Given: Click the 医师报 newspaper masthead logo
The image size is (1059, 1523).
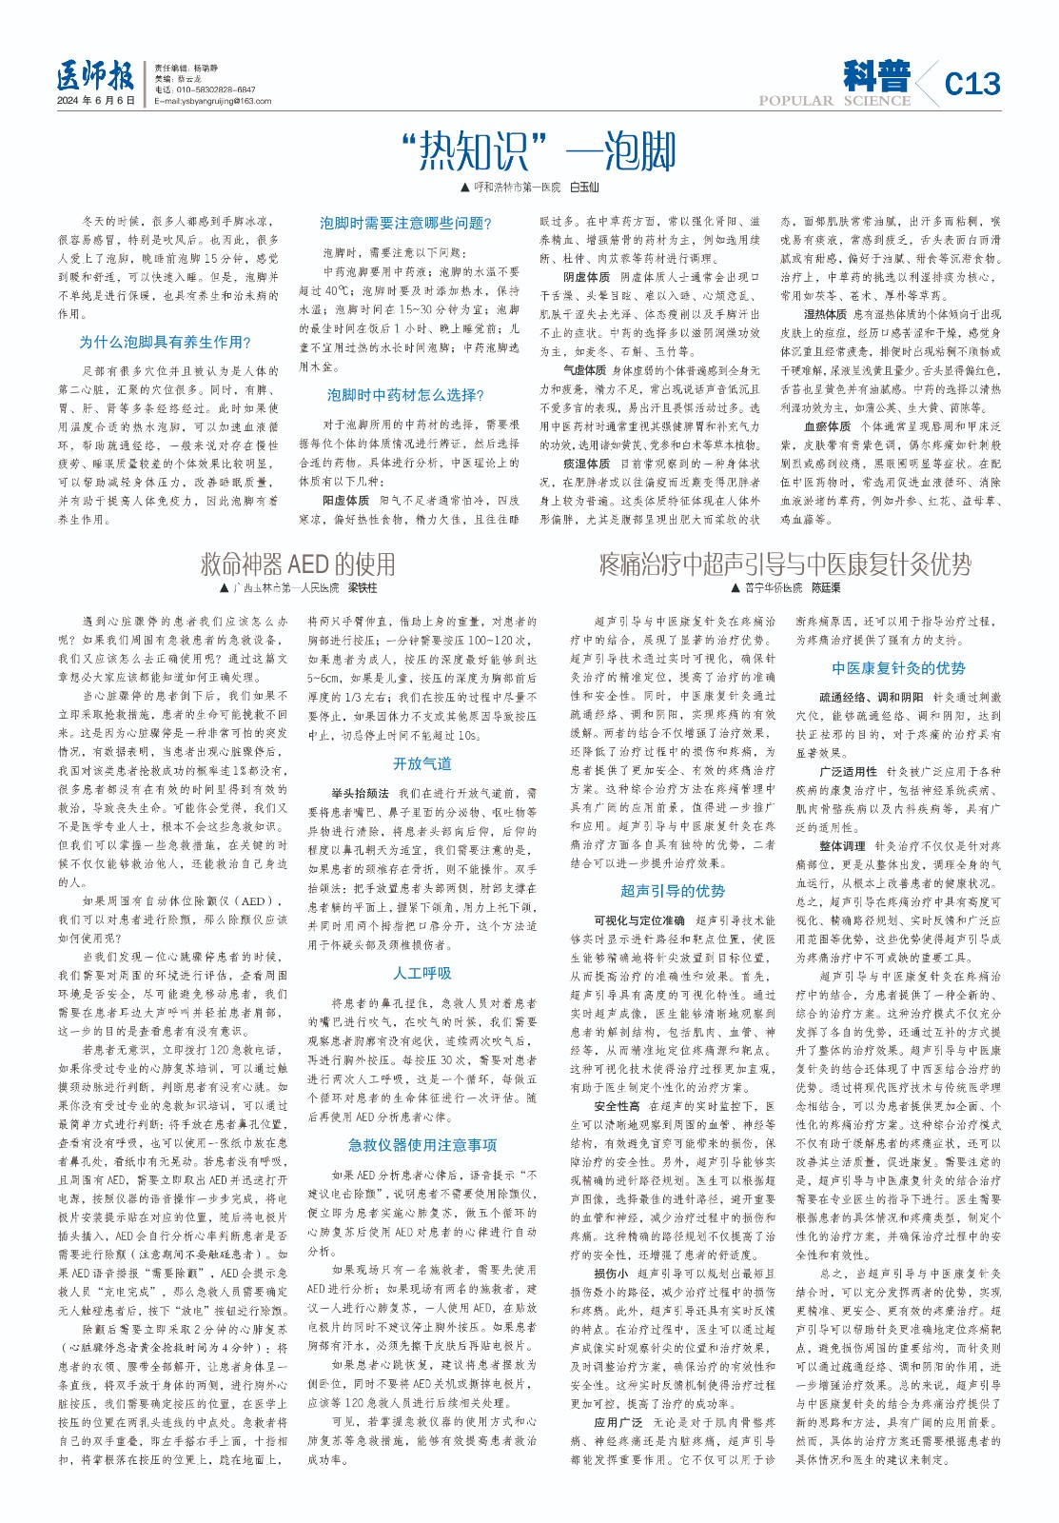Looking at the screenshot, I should click(94, 77).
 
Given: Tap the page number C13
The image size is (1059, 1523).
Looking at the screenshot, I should click(971, 84).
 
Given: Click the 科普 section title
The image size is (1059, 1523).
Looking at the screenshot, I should click(875, 75).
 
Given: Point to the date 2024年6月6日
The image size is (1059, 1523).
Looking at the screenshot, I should click(95, 101).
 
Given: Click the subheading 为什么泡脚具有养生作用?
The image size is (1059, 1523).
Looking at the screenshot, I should click(165, 343).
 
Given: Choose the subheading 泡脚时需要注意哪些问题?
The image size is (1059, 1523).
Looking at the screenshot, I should click(405, 223).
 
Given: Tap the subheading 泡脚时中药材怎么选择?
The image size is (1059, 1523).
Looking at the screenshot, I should click(405, 395).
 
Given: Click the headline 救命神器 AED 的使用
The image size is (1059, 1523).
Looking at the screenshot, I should click(297, 564).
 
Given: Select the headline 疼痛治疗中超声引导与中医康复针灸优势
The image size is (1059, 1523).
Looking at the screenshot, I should click(785, 564).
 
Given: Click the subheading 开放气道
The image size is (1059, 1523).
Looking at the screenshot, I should click(422, 763).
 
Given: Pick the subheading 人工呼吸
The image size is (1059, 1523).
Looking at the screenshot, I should click(422, 973).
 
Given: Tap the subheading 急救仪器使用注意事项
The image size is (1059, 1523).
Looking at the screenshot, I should click(422, 1145).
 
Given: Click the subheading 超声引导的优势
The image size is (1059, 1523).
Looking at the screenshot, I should click(673, 891).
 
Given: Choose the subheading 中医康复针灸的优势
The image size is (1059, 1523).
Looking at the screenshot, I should click(898, 668).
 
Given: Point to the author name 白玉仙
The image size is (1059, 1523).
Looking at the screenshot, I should click(583, 188).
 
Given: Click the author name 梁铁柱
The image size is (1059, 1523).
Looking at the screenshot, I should click(362, 588).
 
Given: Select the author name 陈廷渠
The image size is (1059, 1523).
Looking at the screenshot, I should click(825, 588).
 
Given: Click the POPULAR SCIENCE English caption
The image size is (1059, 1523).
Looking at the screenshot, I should click(834, 101).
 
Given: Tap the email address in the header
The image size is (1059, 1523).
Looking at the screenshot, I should click(213, 101).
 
